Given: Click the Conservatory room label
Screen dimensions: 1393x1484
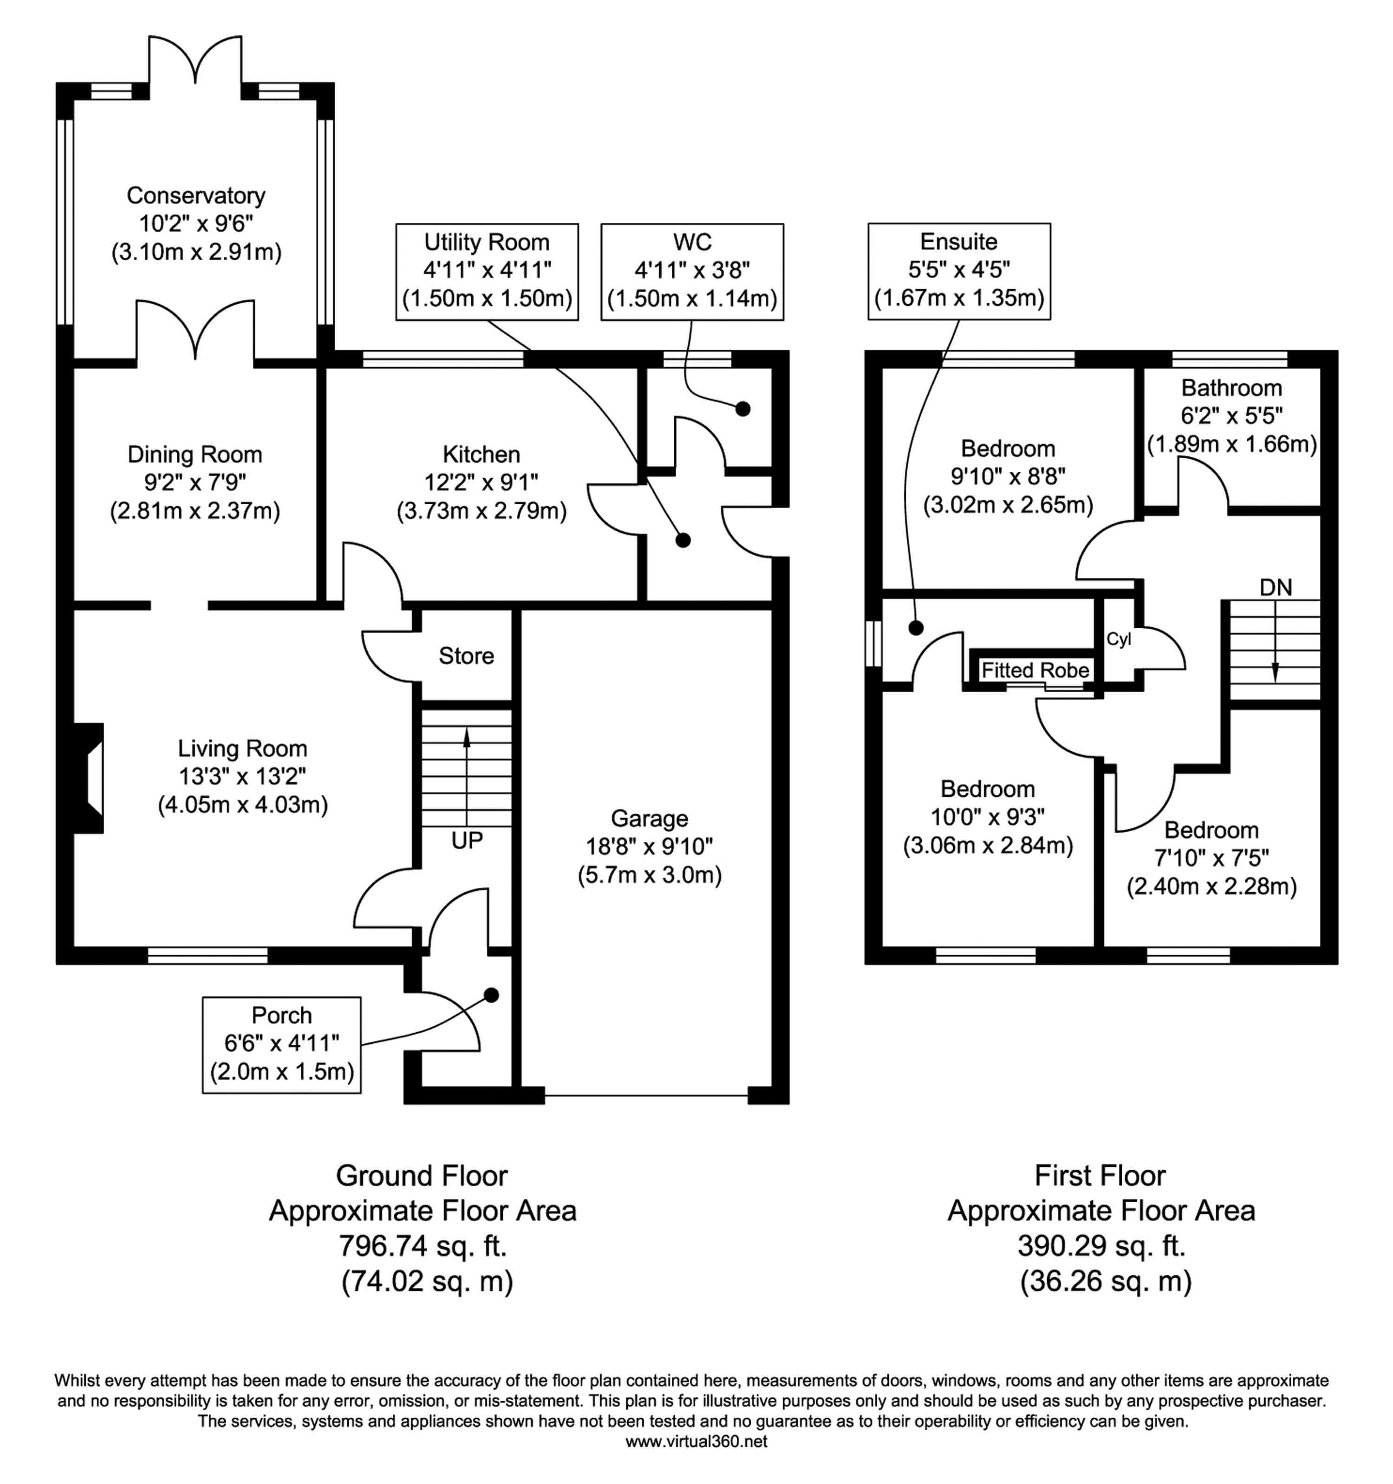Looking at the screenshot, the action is pos(195,195).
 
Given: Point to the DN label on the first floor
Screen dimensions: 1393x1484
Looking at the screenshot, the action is pos(1276,587).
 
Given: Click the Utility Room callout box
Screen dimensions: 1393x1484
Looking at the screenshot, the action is pos(487,272).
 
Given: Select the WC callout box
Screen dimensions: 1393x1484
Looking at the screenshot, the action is pos(692,272).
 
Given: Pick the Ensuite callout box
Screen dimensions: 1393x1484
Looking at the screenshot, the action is pos(959,272).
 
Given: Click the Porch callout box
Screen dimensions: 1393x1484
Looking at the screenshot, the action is pos(281,1045).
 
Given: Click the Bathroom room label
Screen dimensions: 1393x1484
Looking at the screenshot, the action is pos(1232,388).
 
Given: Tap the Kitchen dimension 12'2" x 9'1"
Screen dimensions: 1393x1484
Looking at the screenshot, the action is pos(482,482).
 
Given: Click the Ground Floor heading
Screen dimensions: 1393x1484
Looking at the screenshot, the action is pos(422,1176).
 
